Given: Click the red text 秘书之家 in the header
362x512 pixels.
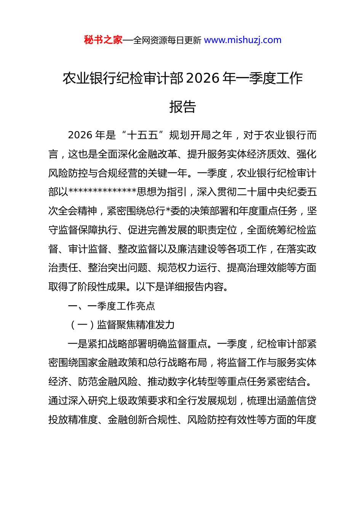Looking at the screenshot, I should (x=103, y=40).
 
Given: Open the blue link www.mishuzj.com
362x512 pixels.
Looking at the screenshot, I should (x=243, y=40).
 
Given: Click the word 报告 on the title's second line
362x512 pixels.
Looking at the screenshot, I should (x=183, y=107).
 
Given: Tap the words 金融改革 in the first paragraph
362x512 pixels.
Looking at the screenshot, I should (x=162, y=154).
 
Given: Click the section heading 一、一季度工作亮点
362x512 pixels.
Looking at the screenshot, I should (x=111, y=306).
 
